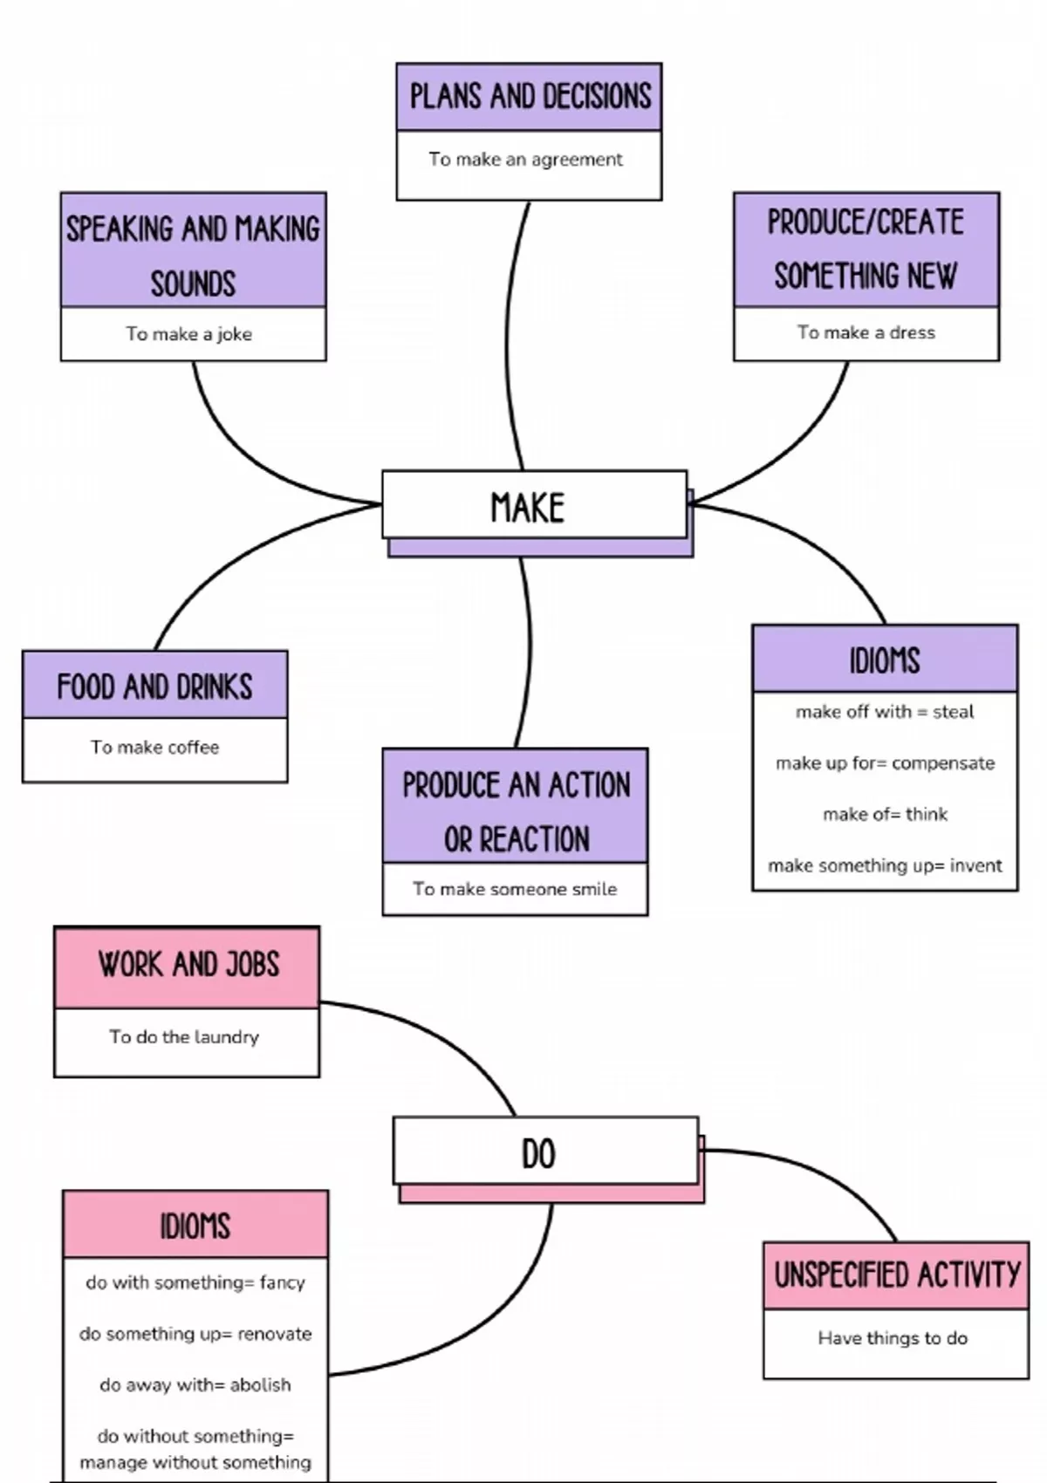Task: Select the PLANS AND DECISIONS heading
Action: pyautogui.click(x=530, y=97)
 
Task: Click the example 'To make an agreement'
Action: pyautogui.click(x=525, y=160)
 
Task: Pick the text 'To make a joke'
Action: pyautogui.click(x=188, y=334)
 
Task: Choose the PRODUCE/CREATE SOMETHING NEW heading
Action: pyautogui.click(x=866, y=249)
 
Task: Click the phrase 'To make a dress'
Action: pyautogui.click(x=866, y=332)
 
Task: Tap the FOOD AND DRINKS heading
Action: pyautogui.click(x=154, y=686)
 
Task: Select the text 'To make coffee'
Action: pyautogui.click(x=154, y=748)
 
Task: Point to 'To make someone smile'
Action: pyautogui.click(x=515, y=889)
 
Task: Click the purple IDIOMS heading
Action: pyautogui.click(x=885, y=660)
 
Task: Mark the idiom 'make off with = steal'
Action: pyautogui.click(x=885, y=712)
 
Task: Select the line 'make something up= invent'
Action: pyautogui.click(x=885, y=865)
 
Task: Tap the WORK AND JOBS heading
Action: pyautogui.click(x=188, y=966)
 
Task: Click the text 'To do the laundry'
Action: pyautogui.click(x=184, y=1037)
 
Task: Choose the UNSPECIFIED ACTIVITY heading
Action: pyautogui.click(x=896, y=1275)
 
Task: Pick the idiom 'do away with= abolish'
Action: pyautogui.click(x=195, y=1385)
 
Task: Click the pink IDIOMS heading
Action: pyautogui.click(x=195, y=1226)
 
